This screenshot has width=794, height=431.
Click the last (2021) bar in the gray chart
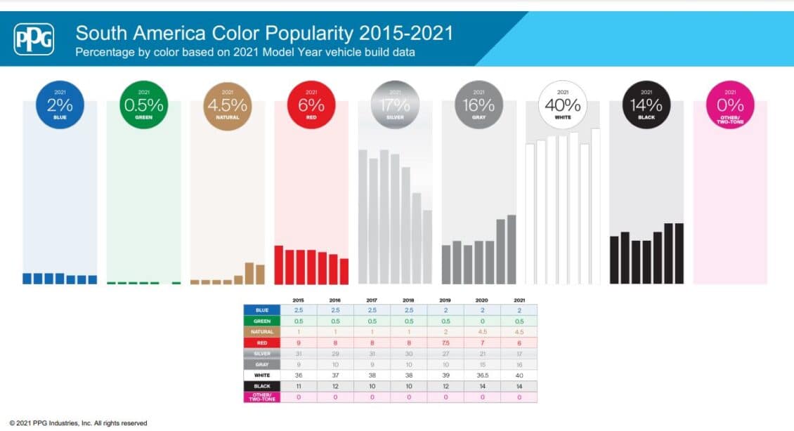512,249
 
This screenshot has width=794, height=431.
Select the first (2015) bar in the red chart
278,265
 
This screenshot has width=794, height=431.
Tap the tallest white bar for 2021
596,206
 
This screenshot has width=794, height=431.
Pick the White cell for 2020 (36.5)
483,375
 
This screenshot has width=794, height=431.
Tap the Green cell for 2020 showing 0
483,321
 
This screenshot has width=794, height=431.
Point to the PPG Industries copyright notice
78,423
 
